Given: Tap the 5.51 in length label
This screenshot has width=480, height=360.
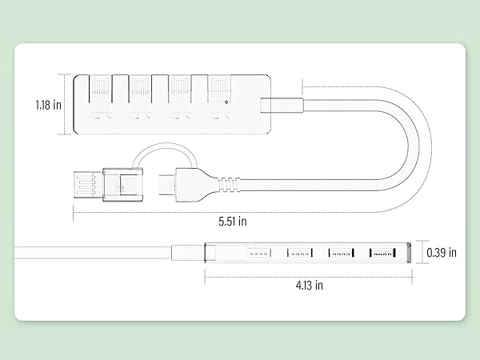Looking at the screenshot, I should coord(233,220).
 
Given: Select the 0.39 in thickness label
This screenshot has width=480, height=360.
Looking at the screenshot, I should coord(442,253).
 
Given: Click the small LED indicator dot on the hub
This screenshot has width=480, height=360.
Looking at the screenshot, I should coord(228,102).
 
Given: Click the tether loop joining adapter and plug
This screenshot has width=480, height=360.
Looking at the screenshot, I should coord(160,150).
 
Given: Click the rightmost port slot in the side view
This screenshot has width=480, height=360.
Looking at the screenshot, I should coord(382,254).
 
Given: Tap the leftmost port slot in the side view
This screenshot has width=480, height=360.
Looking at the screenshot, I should coord(257,254).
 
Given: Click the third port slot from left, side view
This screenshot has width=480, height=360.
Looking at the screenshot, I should coord(342,254).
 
